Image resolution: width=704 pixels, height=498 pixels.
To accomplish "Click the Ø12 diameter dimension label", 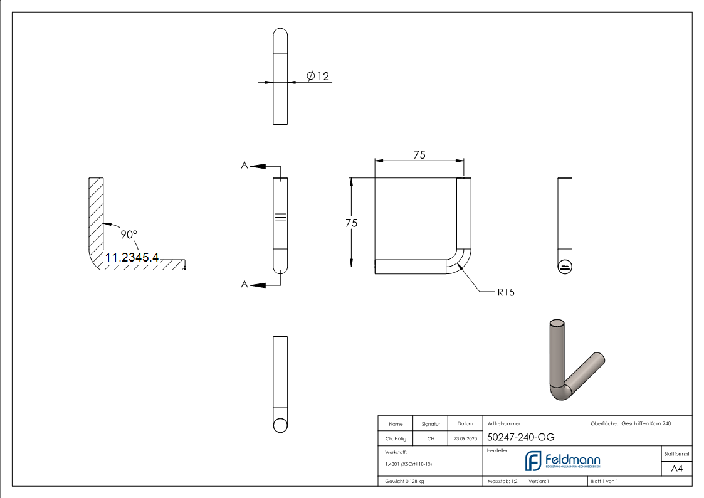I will click(318, 77).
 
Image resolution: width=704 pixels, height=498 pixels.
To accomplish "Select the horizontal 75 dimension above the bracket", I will click(419, 155).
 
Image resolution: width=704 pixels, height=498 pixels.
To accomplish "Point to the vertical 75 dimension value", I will click(352, 223).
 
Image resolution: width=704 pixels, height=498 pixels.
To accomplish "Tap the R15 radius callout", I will click(505, 292).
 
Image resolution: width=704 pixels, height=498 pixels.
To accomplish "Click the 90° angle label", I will click(129, 234).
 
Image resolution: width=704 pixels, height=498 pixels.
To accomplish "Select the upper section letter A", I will click(244, 166).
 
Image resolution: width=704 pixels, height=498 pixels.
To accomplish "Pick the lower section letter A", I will click(244, 285).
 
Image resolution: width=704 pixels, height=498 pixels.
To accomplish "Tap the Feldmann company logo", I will click(562, 461).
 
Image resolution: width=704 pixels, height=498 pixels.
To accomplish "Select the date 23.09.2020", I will click(465, 439).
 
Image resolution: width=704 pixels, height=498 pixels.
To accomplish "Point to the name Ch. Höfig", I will click(395, 439).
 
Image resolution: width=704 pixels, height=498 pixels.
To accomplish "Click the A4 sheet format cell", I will click(676, 469).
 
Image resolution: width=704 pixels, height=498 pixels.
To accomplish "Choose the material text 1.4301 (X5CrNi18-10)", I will click(409, 464).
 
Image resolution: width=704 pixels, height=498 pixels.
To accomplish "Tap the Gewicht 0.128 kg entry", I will click(404, 481).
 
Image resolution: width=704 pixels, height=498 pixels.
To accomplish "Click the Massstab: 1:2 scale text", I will click(503, 481).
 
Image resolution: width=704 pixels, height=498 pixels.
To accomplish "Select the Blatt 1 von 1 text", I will click(604, 481).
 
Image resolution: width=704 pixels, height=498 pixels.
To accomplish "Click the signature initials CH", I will click(431, 439).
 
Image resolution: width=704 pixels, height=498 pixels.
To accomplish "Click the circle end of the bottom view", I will click(281, 425).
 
